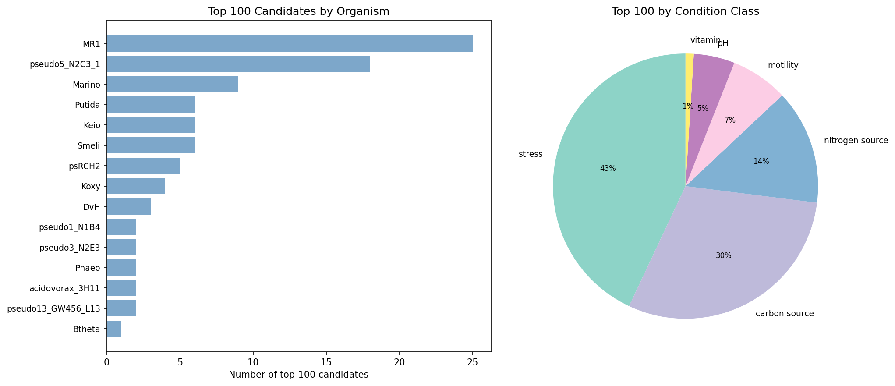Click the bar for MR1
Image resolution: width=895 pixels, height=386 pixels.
pos(289,44)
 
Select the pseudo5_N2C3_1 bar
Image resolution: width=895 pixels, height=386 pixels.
pos(238,64)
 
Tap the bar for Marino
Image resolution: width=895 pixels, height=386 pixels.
pos(173,85)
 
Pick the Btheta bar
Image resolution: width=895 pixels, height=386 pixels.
pos(114,329)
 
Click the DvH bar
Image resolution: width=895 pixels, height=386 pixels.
pos(129,207)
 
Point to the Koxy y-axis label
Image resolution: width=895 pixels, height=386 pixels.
pos(91,187)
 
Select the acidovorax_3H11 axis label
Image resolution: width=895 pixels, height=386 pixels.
pos(65,288)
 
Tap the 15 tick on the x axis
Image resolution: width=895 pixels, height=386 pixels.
pos(326,363)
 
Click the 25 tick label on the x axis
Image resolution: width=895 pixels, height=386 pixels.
pos(472,363)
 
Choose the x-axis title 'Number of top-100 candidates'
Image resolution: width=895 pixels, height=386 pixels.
pos(298,375)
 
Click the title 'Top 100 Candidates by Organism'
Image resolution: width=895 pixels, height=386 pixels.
pos(298,11)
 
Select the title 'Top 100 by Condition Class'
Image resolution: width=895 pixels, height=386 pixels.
pos(685,11)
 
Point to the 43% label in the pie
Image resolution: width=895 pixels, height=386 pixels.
pos(608,169)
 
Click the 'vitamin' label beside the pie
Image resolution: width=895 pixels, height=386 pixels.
pos(705,41)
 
